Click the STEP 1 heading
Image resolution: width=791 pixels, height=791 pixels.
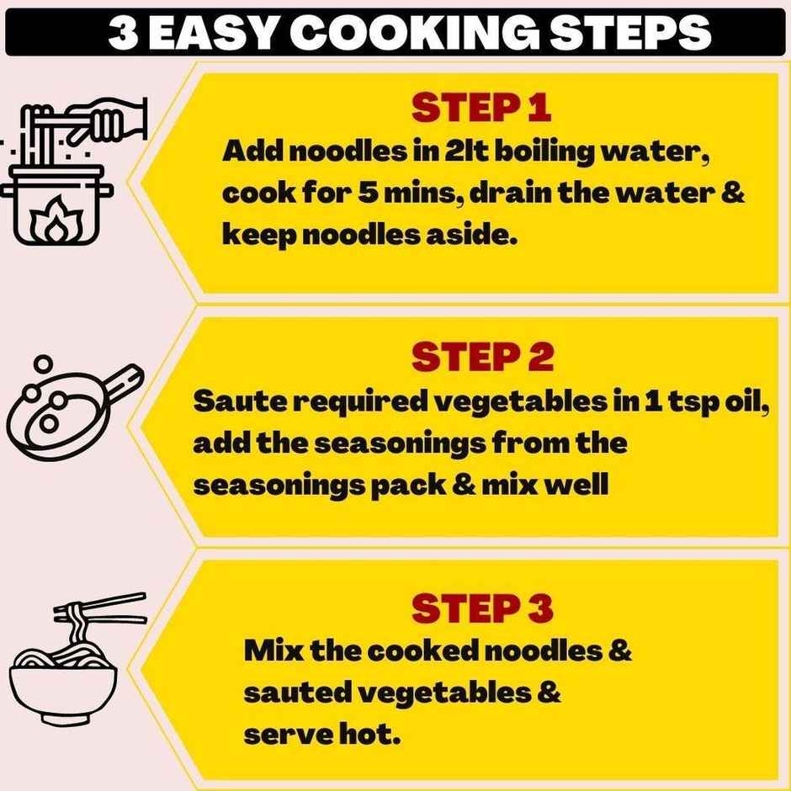[x=481, y=108]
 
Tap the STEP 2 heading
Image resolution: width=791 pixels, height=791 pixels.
[x=482, y=357]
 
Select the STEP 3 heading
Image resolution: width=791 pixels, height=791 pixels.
[x=482, y=608]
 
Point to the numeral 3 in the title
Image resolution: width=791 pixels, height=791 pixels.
[x=123, y=34]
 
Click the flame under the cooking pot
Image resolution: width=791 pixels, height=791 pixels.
[x=56, y=220]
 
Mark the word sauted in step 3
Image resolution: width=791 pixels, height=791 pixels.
[x=297, y=693]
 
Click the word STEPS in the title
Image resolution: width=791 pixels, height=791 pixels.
[x=629, y=33]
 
